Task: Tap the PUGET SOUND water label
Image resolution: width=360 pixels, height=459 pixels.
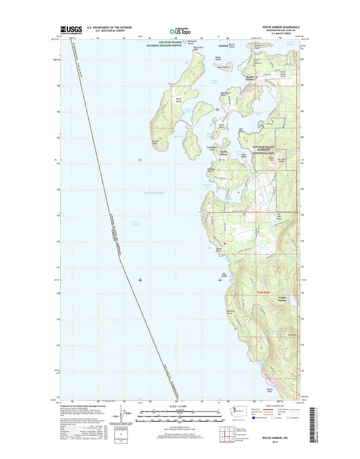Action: (x=153, y=193)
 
